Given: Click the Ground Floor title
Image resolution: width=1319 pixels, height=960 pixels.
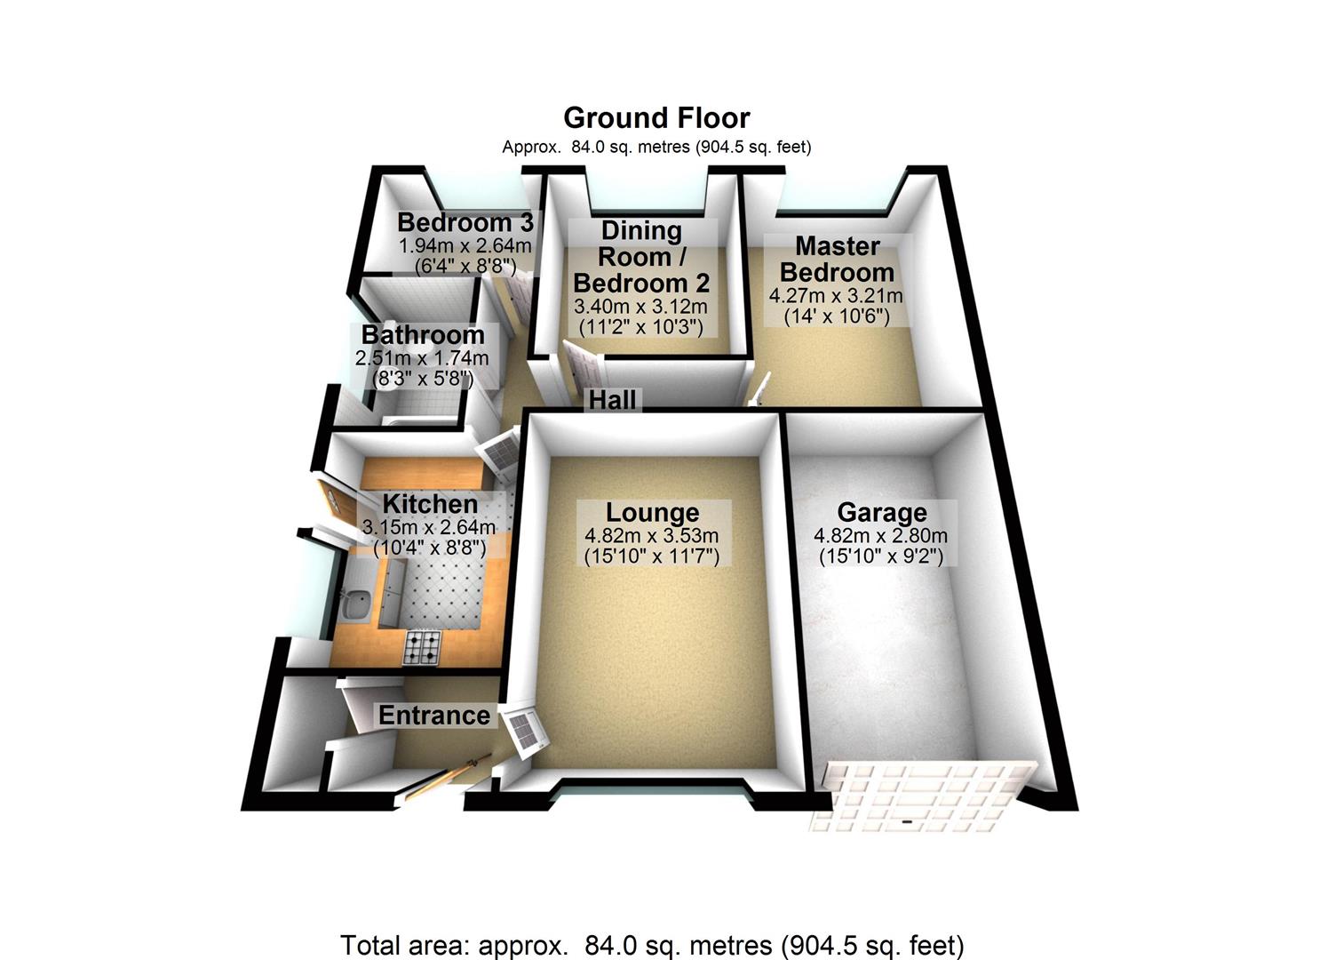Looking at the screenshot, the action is point(656,118).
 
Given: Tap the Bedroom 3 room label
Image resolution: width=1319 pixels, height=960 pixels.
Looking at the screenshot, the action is point(465,222).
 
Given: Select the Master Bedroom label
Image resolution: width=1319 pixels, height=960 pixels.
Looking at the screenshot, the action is point(837,259).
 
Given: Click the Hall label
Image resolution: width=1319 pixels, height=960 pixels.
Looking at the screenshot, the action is point(613,400).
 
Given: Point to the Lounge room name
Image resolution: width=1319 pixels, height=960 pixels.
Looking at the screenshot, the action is point(652,513).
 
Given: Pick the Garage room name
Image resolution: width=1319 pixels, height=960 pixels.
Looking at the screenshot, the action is point(881,513).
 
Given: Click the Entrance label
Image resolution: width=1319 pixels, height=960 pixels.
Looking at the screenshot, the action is point(433,716).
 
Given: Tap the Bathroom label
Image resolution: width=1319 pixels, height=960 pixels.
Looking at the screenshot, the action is point(423,335).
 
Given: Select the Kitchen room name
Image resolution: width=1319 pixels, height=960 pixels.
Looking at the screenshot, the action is point(430,504).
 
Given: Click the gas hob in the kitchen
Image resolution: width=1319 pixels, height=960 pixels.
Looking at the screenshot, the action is point(423,647).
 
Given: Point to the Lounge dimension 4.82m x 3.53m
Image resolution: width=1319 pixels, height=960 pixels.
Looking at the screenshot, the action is point(652,536).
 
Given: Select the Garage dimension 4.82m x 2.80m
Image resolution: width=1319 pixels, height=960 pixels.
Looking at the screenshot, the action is point(881,536).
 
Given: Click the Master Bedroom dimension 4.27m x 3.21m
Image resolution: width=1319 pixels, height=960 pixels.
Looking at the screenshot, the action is point(837,296).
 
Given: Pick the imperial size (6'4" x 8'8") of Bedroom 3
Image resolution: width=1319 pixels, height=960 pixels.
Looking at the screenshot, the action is point(465,264).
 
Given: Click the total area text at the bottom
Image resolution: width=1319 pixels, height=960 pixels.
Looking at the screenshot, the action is point(652,945).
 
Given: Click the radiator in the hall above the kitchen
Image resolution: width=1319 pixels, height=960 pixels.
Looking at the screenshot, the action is point(501,450).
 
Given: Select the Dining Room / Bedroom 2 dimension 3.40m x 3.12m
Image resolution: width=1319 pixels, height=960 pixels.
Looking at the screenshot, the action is point(641,307).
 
